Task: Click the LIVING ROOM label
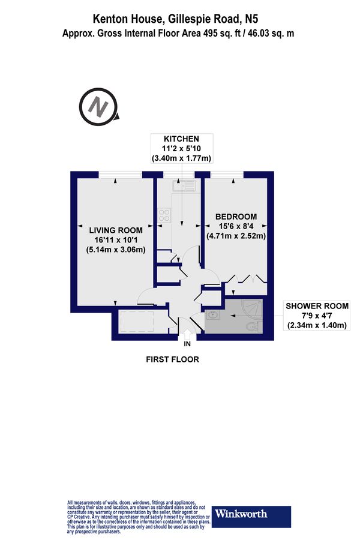pos(116,230)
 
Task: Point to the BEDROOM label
pos(236,217)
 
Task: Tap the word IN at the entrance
pos(187,344)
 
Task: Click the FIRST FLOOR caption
pos(172,360)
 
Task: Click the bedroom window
pos(226,175)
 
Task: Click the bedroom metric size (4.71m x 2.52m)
pos(236,236)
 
